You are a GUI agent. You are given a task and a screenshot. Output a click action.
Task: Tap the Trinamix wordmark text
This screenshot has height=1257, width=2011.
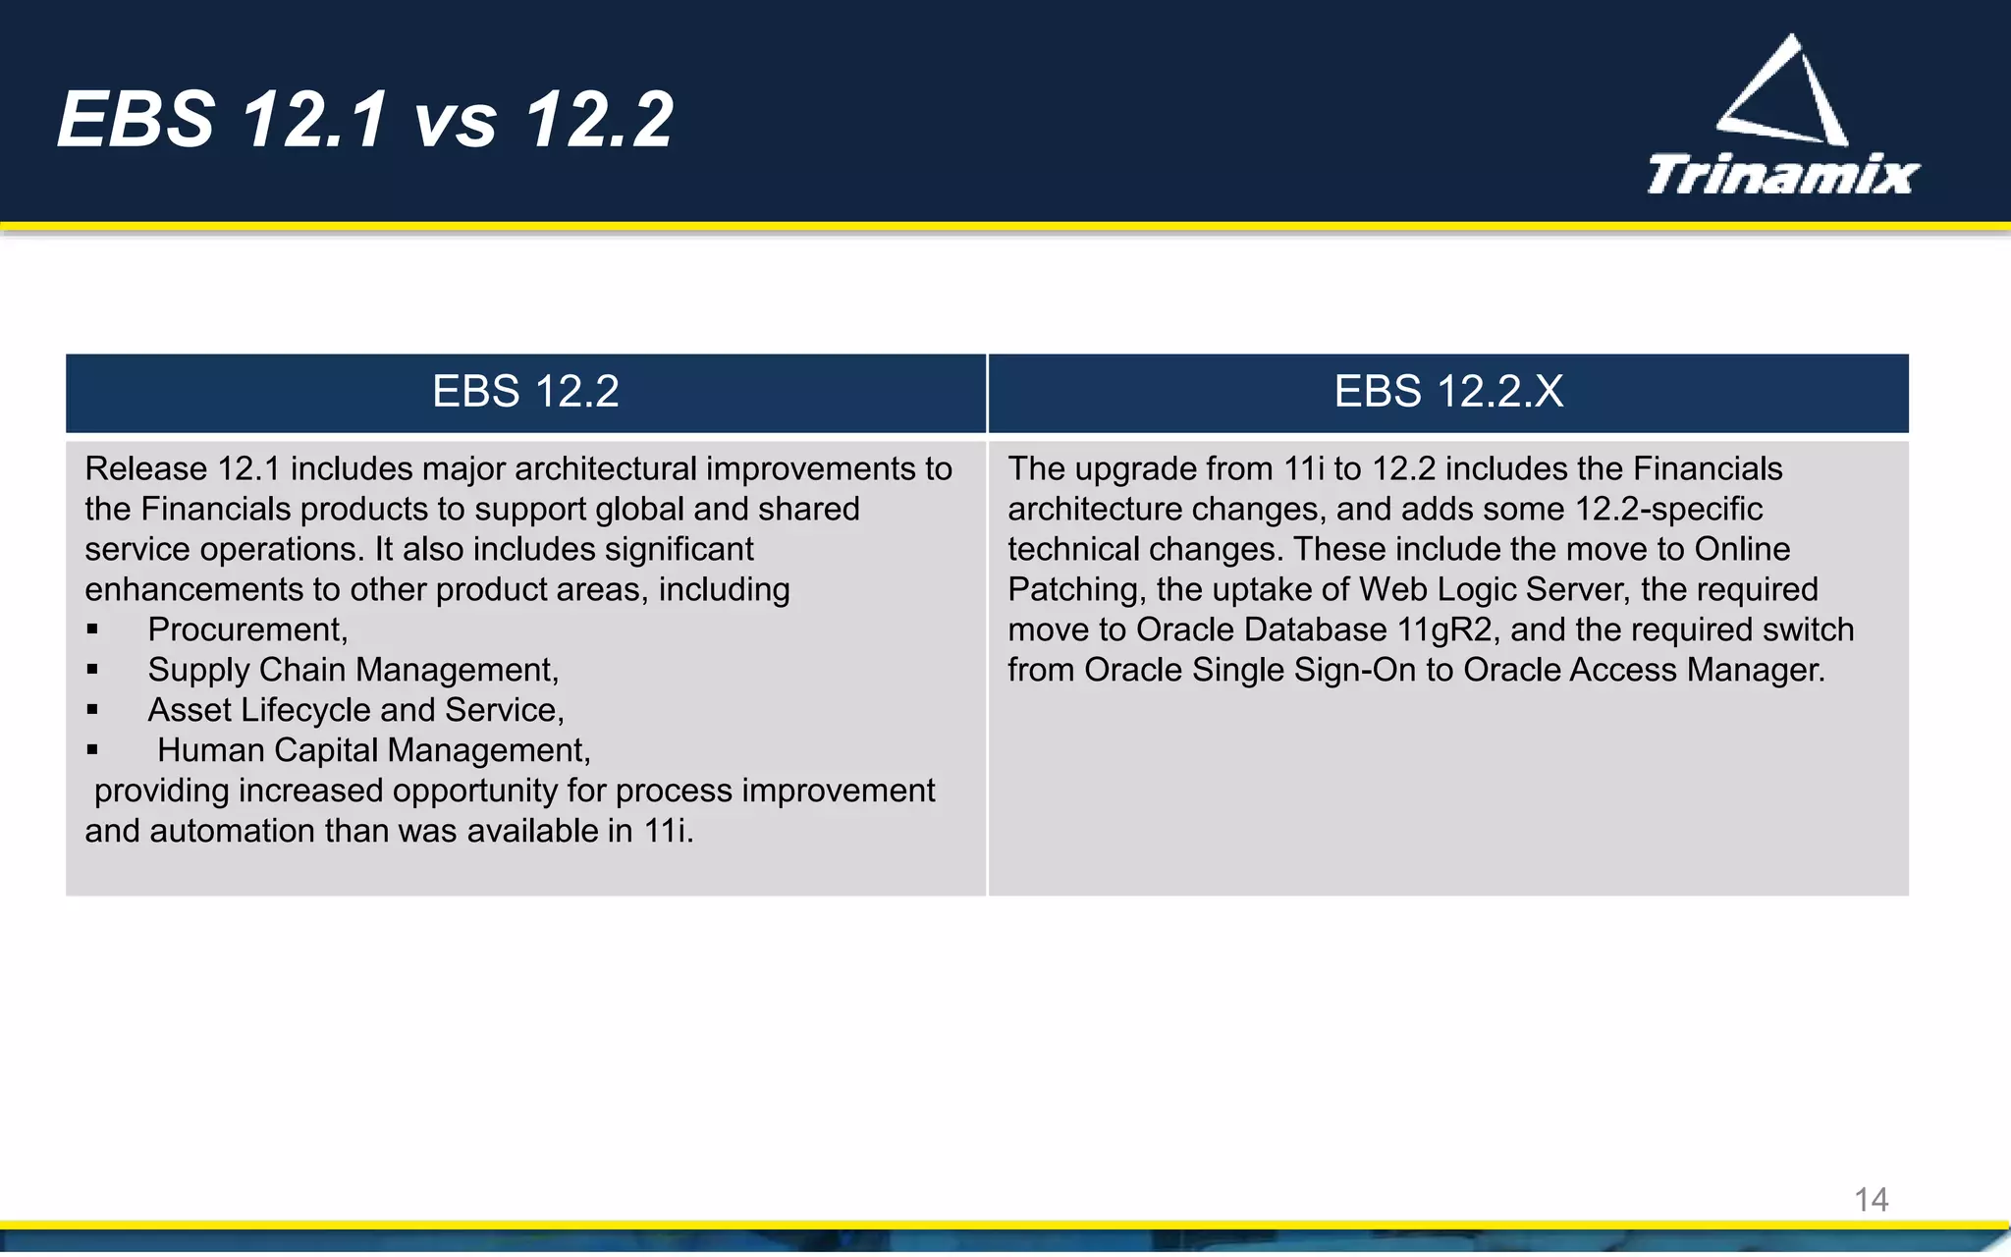pos(1782,176)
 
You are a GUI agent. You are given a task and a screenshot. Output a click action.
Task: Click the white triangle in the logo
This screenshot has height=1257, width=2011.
pos(1784,92)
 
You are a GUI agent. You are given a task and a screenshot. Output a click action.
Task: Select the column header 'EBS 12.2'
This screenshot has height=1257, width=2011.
pos(525,392)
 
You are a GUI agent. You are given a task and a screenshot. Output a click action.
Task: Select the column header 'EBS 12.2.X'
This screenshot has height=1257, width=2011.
pos(1447,392)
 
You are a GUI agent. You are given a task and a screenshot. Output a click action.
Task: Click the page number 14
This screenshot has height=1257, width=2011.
pos(1871,1199)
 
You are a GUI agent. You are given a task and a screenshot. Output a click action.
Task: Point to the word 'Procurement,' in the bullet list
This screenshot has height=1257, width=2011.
pos(247,629)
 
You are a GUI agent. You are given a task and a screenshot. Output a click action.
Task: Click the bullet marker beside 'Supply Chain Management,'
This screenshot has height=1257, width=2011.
pos(92,670)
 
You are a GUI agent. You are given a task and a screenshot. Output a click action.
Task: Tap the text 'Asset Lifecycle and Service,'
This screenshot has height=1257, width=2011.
pos(355,710)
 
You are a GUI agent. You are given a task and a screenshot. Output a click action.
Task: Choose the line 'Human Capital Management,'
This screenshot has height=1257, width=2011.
pos(373,750)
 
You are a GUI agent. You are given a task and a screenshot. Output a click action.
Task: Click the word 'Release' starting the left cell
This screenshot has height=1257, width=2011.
pos(145,469)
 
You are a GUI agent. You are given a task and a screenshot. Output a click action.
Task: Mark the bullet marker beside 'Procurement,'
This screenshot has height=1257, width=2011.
pos(92,629)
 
